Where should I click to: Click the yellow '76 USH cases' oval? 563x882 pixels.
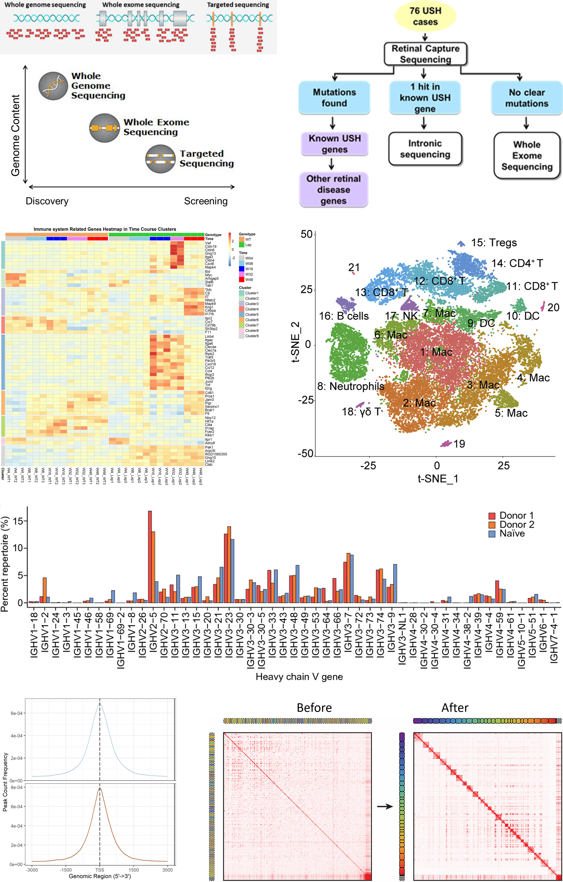(x=425, y=16)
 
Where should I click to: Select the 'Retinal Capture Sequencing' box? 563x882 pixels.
(x=425, y=54)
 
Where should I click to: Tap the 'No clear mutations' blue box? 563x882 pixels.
(x=526, y=98)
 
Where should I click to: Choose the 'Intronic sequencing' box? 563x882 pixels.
(x=425, y=149)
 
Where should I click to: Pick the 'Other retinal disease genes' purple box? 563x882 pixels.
(x=334, y=190)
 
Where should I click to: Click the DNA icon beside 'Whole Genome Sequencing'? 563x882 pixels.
(x=53, y=86)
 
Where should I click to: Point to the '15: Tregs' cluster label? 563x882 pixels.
(x=494, y=243)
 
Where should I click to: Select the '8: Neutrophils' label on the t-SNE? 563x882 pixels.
(x=351, y=386)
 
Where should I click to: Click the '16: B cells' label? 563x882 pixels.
(x=344, y=316)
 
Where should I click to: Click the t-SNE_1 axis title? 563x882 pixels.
(x=438, y=479)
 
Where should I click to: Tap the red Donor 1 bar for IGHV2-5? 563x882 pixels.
(x=150, y=557)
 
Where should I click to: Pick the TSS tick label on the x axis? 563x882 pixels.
(x=100, y=869)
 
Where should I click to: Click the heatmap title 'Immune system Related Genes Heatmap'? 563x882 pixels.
(x=105, y=229)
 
